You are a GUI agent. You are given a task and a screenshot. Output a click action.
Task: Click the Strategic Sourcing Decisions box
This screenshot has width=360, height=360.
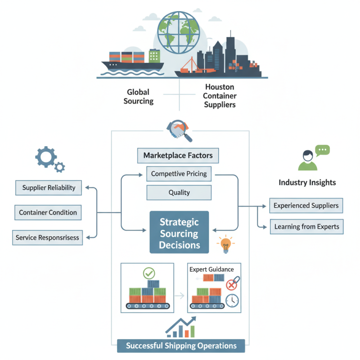[180, 234]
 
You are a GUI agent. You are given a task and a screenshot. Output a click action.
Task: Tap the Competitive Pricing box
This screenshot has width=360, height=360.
[179, 174]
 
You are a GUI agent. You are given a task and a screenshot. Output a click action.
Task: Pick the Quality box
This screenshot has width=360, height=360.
[179, 193]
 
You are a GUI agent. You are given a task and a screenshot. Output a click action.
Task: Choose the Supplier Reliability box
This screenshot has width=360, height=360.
[49, 188]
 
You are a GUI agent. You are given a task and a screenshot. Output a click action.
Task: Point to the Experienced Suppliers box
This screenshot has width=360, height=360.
[306, 206]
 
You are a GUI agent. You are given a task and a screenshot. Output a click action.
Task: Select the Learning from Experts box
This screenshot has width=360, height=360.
[306, 226]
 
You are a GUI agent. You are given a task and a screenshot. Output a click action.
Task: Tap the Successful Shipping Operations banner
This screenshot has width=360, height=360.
[181, 346]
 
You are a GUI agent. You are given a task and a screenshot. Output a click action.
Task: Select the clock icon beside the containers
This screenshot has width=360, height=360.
[232, 301]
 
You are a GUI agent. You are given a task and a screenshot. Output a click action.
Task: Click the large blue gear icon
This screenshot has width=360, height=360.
[45, 157]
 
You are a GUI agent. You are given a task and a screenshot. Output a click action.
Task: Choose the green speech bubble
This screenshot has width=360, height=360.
[322, 150]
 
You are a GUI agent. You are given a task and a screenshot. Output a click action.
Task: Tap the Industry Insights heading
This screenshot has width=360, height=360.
[307, 182]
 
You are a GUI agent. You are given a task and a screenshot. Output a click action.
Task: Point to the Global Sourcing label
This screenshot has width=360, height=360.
[138, 96]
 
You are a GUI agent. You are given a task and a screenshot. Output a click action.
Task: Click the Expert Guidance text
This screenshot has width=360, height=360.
[211, 269]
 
